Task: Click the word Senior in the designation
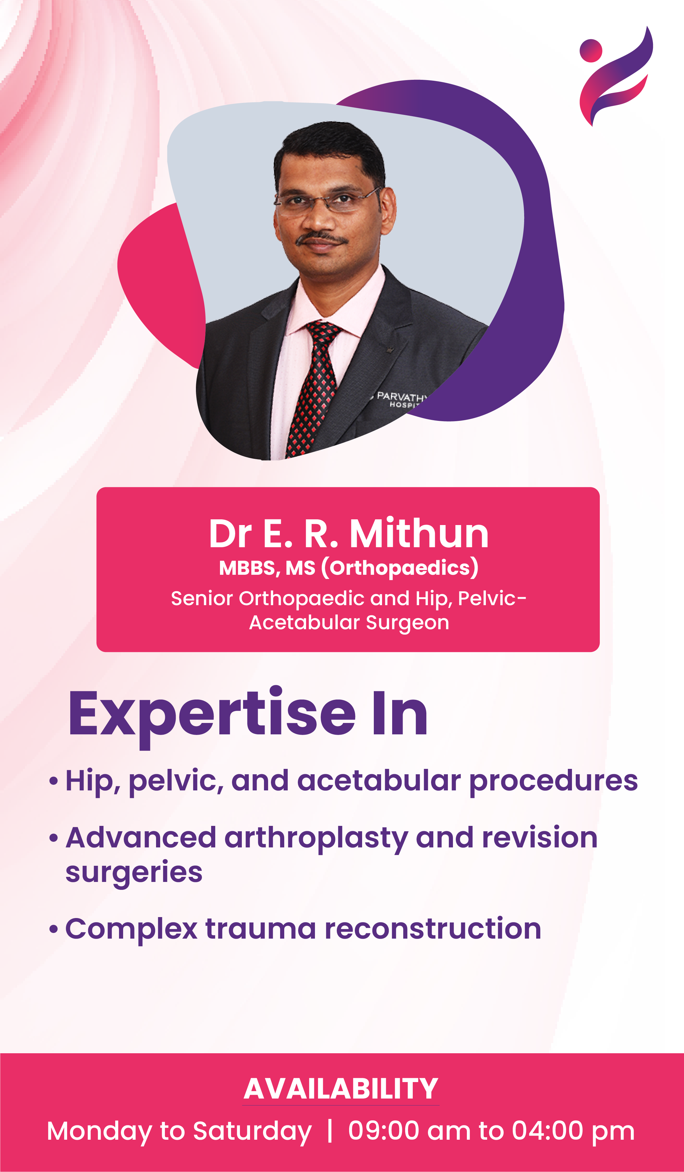point(202,598)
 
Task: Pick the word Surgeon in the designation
point(407,623)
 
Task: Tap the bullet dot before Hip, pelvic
point(53,781)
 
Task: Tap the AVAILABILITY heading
point(341,1089)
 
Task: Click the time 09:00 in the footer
point(384,1131)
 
